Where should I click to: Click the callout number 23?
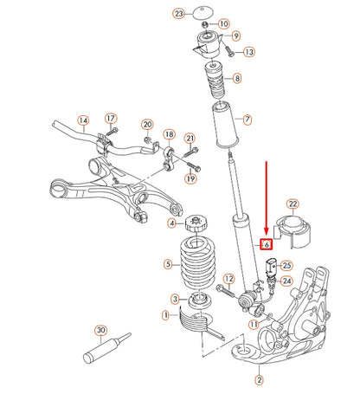click(179, 15)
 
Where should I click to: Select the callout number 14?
click(83, 120)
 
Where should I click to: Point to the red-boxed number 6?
click(267, 245)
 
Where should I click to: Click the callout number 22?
click(292, 204)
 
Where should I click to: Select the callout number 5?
click(167, 264)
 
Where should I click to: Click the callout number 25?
click(286, 265)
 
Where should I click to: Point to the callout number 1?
click(165, 317)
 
